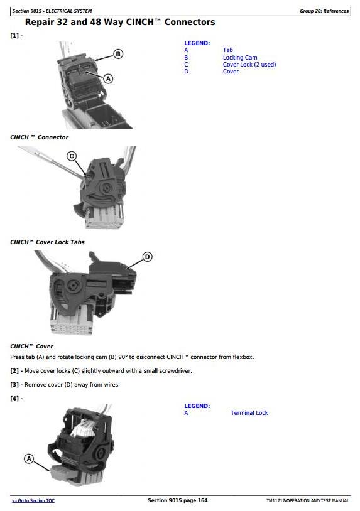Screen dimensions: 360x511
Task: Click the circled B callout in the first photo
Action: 118,54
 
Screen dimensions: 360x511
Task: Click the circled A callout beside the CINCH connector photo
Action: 108,79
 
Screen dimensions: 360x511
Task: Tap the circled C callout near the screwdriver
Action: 72,156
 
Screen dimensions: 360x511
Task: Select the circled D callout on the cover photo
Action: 148,257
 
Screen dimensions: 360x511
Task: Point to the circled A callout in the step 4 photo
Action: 29,459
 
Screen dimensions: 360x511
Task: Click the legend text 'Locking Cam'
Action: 240,57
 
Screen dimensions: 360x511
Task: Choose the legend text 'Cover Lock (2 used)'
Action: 249,65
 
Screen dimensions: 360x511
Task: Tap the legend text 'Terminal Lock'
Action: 249,413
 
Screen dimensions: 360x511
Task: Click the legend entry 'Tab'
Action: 228,50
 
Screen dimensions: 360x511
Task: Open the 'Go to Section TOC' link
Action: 33,500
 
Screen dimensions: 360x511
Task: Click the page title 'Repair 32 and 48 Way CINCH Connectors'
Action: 120,22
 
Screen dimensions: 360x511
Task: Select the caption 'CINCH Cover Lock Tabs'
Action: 47,242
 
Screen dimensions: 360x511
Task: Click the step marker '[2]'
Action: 14,371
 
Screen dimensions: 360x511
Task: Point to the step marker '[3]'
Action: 14,385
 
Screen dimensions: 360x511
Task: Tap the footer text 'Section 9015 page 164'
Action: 177,500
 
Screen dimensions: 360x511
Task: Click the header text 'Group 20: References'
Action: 324,11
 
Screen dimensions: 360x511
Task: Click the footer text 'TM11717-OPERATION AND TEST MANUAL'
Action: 307,500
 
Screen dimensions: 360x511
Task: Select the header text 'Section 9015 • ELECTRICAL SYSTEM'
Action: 52,11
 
